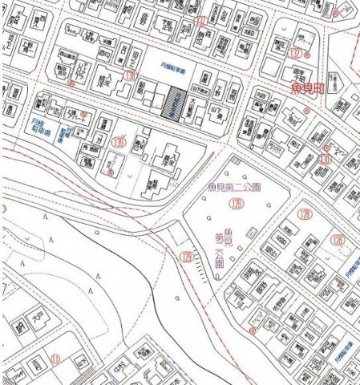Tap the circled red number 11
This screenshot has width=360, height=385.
click(x=55, y=358)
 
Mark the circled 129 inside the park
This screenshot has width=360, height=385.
click(x=236, y=205)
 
